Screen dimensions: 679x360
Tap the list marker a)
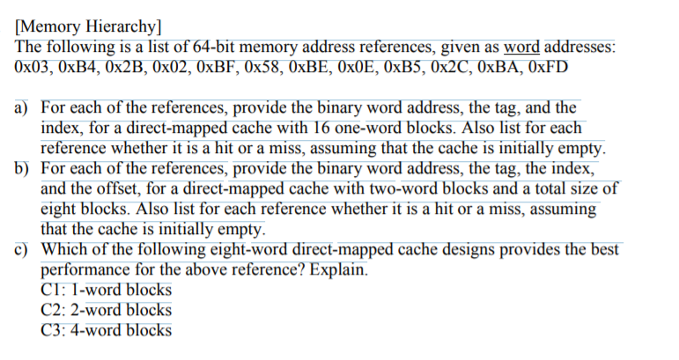[x=22, y=108]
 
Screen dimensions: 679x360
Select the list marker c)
[x=22, y=249]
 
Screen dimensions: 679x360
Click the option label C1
[x=52, y=290]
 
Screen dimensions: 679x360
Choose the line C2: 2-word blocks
[x=107, y=310]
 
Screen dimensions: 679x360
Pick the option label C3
[x=52, y=330]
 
